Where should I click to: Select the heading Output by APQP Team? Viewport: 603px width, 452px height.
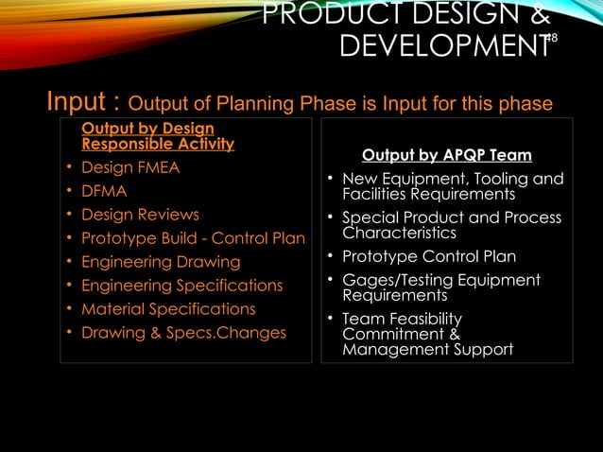[x=446, y=155]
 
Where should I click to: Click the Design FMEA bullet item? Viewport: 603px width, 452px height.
[x=130, y=168]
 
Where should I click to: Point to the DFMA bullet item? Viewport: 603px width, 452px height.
[x=104, y=192]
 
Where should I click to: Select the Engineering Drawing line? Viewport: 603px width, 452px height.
[x=161, y=262]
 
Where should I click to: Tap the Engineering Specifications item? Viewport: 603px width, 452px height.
[x=181, y=286]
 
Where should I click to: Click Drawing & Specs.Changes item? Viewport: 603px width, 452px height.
[x=183, y=333]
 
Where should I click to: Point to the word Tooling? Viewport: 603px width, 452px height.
[x=496, y=179]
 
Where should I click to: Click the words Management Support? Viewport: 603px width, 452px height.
[x=427, y=350]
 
